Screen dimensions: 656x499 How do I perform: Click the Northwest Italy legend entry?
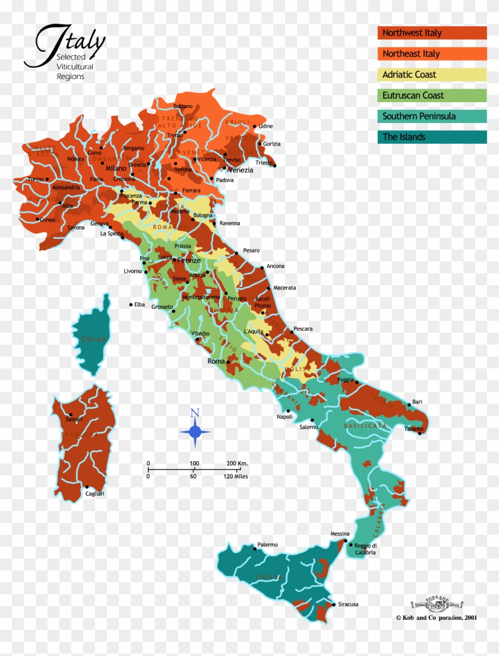click(x=432, y=33)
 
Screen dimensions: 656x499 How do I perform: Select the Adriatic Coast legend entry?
click(x=432, y=74)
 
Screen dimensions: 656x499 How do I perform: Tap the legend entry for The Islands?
click(x=432, y=137)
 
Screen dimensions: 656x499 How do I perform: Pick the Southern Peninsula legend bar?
click(x=432, y=116)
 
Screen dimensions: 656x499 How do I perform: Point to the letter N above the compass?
click(x=194, y=413)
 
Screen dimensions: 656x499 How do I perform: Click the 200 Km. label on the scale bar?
click(x=236, y=463)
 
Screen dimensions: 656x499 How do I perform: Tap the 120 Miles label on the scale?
click(x=236, y=476)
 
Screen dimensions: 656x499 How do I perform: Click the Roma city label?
click(x=216, y=361)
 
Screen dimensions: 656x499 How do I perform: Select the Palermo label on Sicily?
click(x=267, y=544)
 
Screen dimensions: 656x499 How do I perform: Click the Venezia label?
click(x=241, y=170)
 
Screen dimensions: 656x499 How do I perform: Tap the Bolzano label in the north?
click(x=183, y=106)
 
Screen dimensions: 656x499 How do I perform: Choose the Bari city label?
click(x=417, y=402)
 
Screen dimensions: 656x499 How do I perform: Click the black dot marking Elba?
click(x=131, y=305)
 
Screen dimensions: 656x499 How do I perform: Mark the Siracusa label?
click(x=348, y=604)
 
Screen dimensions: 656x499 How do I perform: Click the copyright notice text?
click(x=436, y=617)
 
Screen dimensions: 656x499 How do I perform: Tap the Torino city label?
click(x=36, y=179)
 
